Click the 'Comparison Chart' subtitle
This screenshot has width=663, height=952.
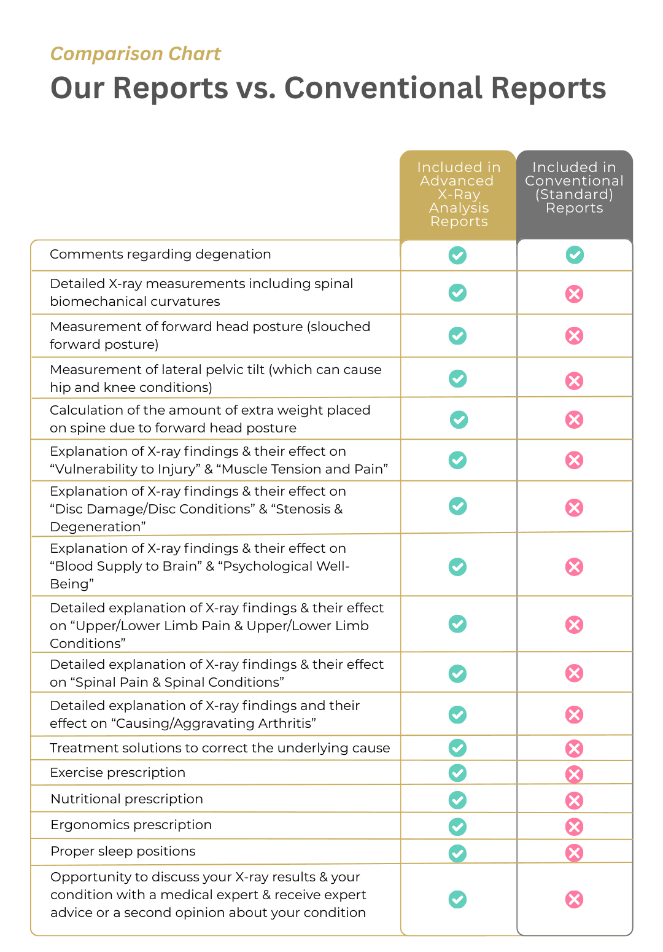click(135, 54)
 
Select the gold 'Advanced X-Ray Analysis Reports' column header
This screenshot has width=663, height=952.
click(459, 194)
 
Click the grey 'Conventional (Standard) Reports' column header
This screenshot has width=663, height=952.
click(574, 188)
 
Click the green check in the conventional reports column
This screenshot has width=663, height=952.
click(575, 254)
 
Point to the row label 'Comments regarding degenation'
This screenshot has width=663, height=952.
click(160, 254)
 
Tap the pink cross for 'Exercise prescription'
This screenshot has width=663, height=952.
click(574, 774)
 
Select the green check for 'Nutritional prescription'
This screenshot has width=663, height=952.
click(457, 800)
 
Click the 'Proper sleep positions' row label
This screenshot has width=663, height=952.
click(123, 851)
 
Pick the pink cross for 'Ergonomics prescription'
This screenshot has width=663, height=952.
click(574, 827)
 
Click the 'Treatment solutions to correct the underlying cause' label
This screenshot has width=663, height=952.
click(220, 748)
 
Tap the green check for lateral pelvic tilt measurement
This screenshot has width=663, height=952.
click(457, 379)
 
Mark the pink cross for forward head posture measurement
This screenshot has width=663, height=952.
click(574, 336)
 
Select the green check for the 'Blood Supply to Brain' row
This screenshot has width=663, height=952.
click(457, 566)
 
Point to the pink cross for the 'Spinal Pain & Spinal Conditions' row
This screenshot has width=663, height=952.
click(574, 673)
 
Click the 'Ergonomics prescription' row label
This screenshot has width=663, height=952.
click(131, 825)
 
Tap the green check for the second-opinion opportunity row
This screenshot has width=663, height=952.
click(457, 899)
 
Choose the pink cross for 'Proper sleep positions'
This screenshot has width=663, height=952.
click(574, 853)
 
